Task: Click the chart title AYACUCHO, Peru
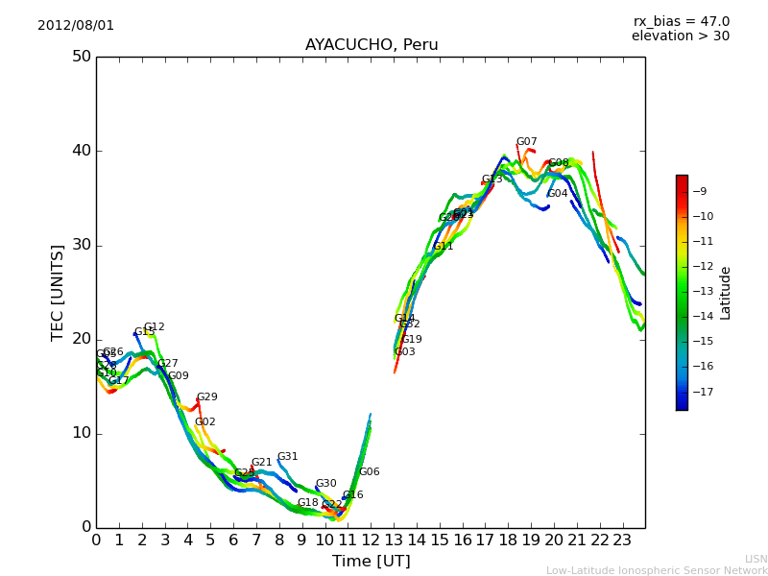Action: pos(372,45)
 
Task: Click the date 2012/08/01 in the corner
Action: pos(76,25)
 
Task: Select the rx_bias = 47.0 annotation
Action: pos(681,21)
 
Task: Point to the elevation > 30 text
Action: pos(680,36)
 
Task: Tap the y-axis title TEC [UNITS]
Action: pos(58,292)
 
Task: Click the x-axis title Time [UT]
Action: pos(371,561)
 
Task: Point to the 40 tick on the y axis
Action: pos(81,151)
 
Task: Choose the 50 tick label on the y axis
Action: pos(81,57)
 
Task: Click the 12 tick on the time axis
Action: pos(371,540)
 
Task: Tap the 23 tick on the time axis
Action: pos(622,540)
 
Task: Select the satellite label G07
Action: pos(526,142)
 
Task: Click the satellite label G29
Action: pos(206,397)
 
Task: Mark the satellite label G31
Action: pos(287,457)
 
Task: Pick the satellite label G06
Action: pos(369,472)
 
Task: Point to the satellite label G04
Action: pos(558,194)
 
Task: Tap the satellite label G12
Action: pos(154,327)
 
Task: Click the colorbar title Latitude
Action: pos(726,292)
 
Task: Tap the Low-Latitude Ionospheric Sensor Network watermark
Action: pos(657,570)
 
